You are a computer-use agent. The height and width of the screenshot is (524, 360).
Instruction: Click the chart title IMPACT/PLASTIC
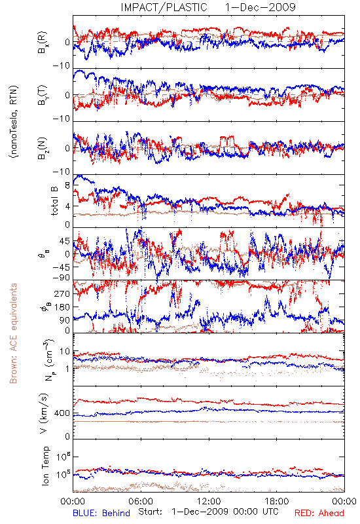164,7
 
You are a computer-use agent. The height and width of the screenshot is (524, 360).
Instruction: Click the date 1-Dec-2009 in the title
261,7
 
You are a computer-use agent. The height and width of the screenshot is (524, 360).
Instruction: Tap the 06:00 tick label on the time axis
141,501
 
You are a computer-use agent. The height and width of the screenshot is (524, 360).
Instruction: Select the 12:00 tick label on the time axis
209,501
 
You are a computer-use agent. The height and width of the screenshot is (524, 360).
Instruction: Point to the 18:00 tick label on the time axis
277,501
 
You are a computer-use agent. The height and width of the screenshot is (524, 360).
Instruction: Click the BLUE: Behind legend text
101,514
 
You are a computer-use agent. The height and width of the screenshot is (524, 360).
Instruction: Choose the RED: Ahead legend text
319,514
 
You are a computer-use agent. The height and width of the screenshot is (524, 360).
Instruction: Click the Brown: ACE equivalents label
13,333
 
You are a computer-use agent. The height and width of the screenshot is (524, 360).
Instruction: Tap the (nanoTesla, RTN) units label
13,121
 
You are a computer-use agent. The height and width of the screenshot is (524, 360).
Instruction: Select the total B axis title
54,201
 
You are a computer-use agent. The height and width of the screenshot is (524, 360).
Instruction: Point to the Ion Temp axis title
45,466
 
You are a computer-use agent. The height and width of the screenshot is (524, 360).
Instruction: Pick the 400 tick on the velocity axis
62,413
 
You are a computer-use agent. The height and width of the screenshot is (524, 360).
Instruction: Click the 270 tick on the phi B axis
62,293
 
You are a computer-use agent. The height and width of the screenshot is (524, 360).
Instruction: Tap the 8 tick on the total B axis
67,185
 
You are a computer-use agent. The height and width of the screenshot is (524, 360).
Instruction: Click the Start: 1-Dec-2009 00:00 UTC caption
208,512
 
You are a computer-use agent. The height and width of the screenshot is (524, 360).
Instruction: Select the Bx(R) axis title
43,43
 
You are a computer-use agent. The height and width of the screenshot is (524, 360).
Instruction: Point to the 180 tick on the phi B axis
62,307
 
